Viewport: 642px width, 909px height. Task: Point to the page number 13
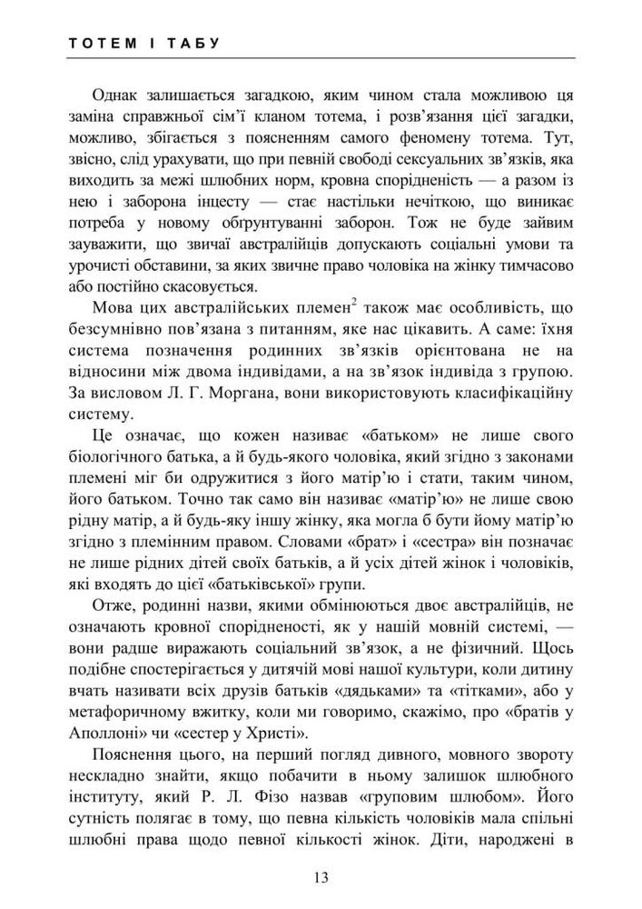[x=320, y=877]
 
